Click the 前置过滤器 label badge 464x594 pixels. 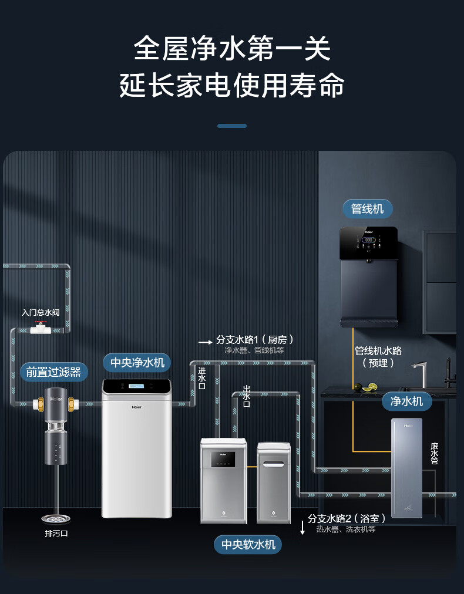pos(53,372)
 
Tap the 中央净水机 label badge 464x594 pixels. pos(137,362)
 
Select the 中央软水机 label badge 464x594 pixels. pos(248,544)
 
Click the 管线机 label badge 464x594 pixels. pos(367,208)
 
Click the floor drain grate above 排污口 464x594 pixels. pos(56,518)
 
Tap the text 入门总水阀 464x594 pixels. pos(41,312)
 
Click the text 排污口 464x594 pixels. pos(56,534)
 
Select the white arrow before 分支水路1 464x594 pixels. pos(205,341)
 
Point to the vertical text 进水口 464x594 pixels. pos(201,379)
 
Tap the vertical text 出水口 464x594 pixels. pos(247,396)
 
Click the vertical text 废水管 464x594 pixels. pos(434,453)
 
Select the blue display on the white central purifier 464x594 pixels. pos(137,386)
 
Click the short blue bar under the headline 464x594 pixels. pos(232,126)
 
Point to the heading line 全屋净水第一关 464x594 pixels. pos(232,49)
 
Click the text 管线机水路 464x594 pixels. pos(378,350)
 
